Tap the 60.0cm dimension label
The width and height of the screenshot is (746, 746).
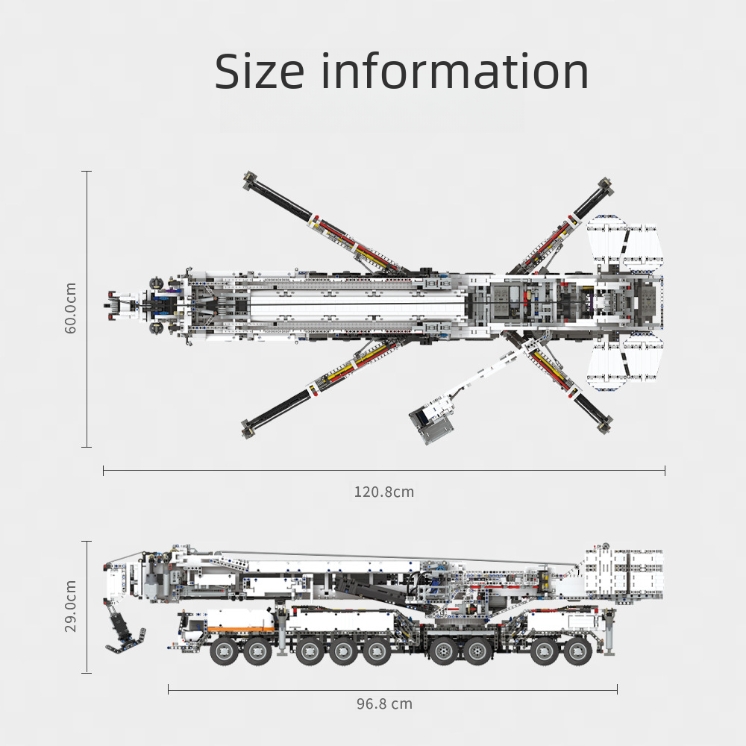coord(70,308)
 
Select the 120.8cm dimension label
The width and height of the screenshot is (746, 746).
coord(384,492)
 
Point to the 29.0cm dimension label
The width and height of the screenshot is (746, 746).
coord(70,606)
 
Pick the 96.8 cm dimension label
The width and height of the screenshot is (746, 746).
coord(384,703)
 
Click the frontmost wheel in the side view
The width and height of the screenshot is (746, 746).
coord(224,651)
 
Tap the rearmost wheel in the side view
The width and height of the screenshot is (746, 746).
coord(577,651)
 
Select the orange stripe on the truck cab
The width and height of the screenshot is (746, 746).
coord(241,629)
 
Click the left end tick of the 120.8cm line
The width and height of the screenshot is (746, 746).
coord(103,471)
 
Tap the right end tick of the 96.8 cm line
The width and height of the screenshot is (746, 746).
coord(617,689)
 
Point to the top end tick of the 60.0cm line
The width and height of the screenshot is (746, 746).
coord(87,172)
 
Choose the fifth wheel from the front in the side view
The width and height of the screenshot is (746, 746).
coord(376,651)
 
